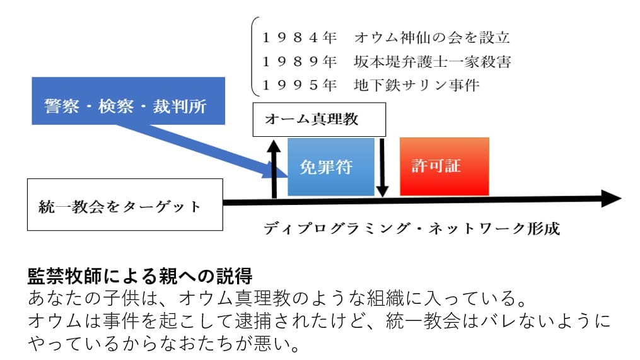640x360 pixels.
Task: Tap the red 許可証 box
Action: coord(444,166)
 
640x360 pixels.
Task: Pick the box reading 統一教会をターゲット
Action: coord(125,206)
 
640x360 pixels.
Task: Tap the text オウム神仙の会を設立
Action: coord(432,38)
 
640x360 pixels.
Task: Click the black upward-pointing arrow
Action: coord(274,167)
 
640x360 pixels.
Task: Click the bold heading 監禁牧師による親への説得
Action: coord(139,276)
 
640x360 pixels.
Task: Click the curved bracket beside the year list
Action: coord(253,57)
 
